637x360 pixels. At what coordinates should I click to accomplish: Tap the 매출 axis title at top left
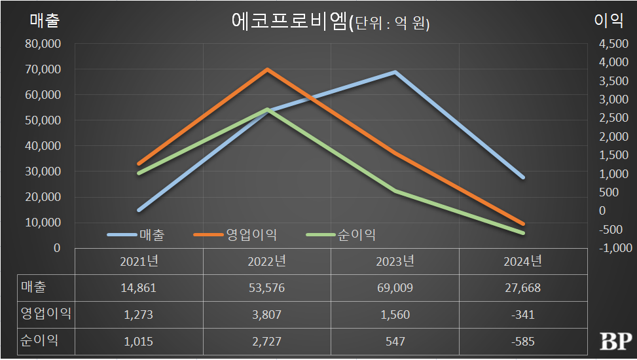pyautogui.click(x=45, y=20)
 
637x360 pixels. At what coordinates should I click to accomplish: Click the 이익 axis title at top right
pyautogui.click(x=608, y=20)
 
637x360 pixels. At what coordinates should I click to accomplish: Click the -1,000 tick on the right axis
pyautogui.click(x=613, y=248)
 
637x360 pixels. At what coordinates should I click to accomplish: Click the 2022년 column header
pyautogui.click(x=266, y=261)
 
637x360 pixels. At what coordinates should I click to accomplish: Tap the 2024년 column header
pyautogui.click(x=522, y=261)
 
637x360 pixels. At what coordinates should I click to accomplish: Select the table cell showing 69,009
pyautogui.click(x=395, y=287)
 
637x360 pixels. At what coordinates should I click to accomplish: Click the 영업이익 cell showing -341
pyautogui.click(x=522, y=315)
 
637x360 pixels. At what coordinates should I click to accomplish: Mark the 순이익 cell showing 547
pyautogui.click(x=395, y=342)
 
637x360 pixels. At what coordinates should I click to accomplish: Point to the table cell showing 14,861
pyautogui.click(x=138, y=287)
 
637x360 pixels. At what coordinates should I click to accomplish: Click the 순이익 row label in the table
pyautogui.click(x=37, y=342)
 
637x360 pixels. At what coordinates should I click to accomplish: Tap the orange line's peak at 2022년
pyautogui.click(x=267, y=69)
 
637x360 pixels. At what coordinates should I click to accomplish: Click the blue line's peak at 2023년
pyautogui.click(x=395, y=72)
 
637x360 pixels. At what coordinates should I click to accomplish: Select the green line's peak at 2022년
pyautogui.click(x=267, y=109)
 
